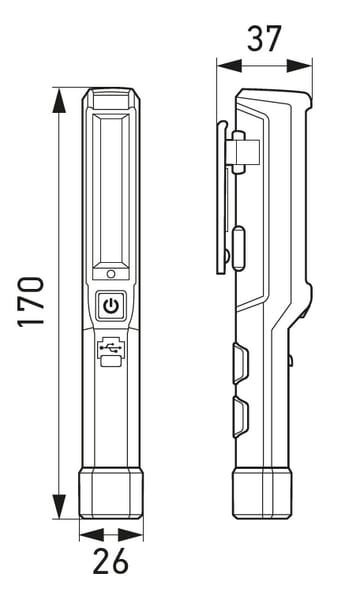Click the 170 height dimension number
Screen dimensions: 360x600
pos(31,302)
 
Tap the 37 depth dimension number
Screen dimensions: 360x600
pos(264,39)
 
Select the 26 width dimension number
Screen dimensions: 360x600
pos(111,561)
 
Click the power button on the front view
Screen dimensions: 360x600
pos(111,305)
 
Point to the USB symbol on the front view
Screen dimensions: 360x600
pos(110,347)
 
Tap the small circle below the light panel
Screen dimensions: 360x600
pos(111,274)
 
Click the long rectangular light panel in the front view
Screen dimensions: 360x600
pos(111,190)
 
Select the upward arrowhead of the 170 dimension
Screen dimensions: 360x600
pos(59,100)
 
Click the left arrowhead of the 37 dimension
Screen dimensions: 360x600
pos(229,65)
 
